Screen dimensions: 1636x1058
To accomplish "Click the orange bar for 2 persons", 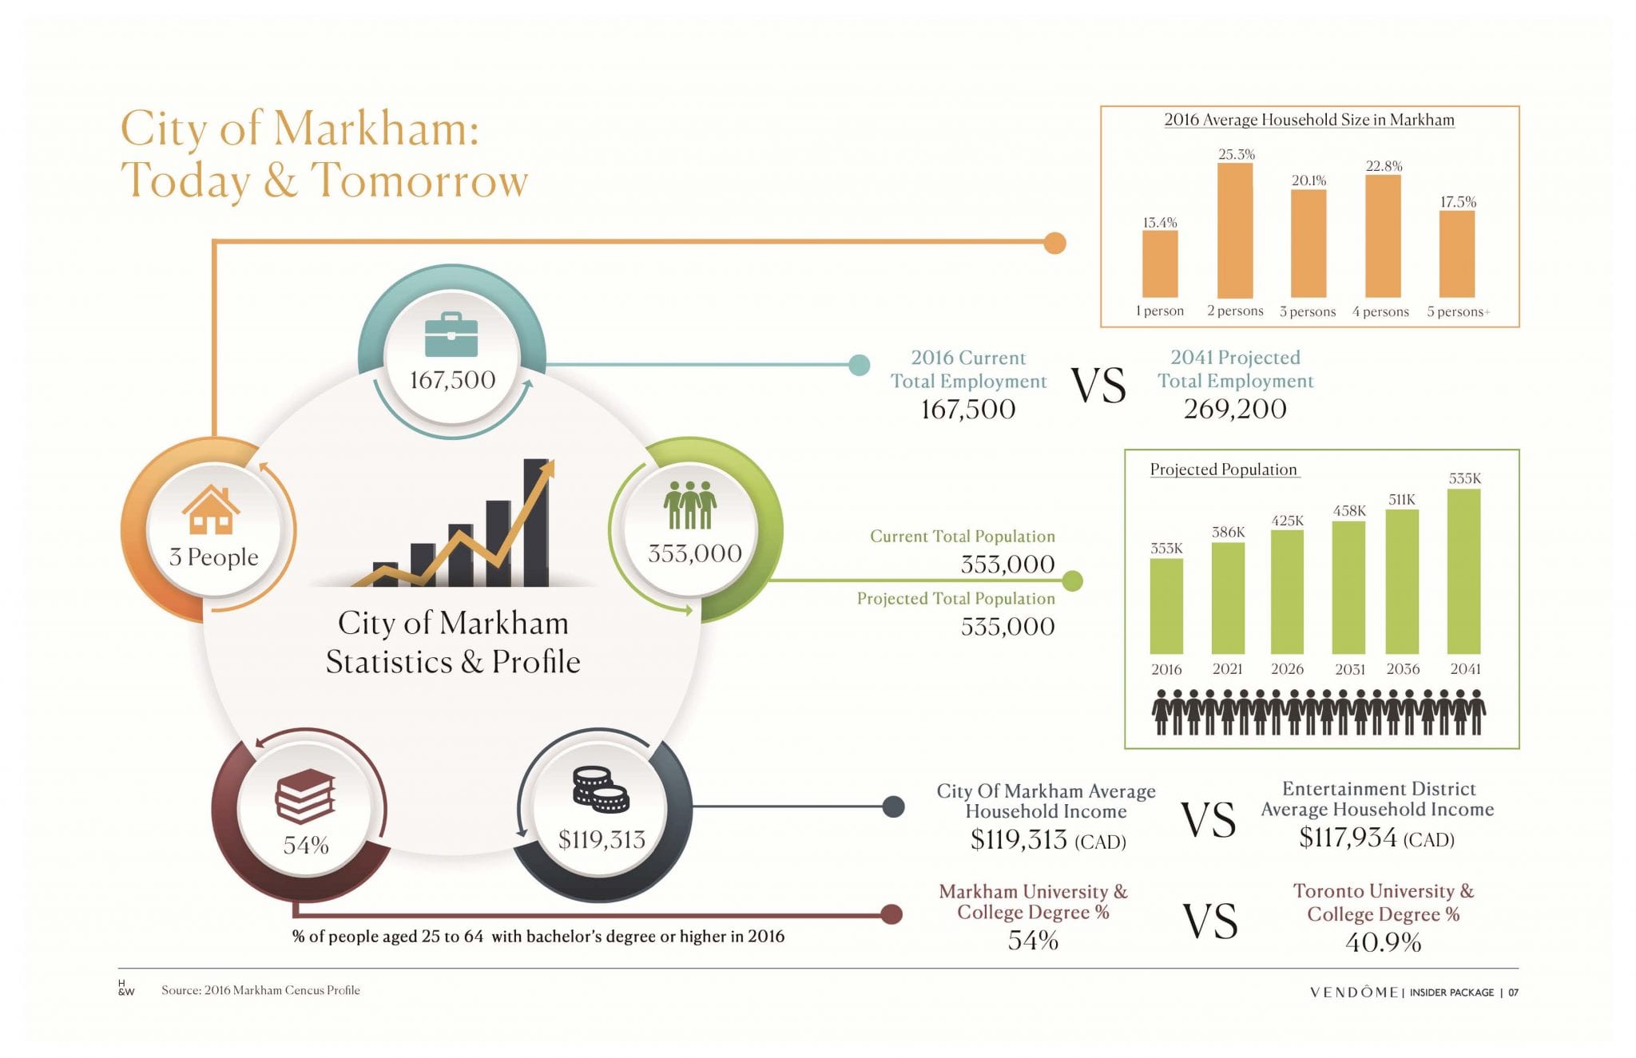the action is tap(1235, 230).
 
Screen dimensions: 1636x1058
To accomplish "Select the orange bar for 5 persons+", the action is tap(1457, 254).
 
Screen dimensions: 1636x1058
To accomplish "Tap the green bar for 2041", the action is tap(1463, 572).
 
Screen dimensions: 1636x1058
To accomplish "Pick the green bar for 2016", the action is tap(1166, 606).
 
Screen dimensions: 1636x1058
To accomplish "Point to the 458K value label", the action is tap(1349, 511).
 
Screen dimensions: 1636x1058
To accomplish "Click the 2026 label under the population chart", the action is tap(1287, 669).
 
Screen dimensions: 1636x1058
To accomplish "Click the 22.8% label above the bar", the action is tap(1384, 166).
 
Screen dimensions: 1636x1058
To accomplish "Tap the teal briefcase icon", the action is tap(451, 335).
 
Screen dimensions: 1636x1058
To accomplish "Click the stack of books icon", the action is tap(305, 796).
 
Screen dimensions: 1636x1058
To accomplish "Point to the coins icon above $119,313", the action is tap(601, 789).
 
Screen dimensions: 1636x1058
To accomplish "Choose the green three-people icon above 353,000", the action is tap(690, 505).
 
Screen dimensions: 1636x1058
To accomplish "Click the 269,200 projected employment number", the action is tap(1235, 409).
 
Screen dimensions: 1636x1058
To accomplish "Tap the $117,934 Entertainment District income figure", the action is tap(1348, 838).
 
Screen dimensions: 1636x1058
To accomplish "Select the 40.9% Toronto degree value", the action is tap(1383, 943).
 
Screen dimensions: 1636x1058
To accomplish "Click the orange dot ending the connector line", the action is tap(1054, 243).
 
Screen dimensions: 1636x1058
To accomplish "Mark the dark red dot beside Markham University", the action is tap(891, 914).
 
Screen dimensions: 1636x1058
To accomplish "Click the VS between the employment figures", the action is tap(1098, 386).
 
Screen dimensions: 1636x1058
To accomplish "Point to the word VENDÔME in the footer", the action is tap(1354, 993).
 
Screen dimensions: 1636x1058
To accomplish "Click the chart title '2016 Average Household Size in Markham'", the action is tap(1309, 120).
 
